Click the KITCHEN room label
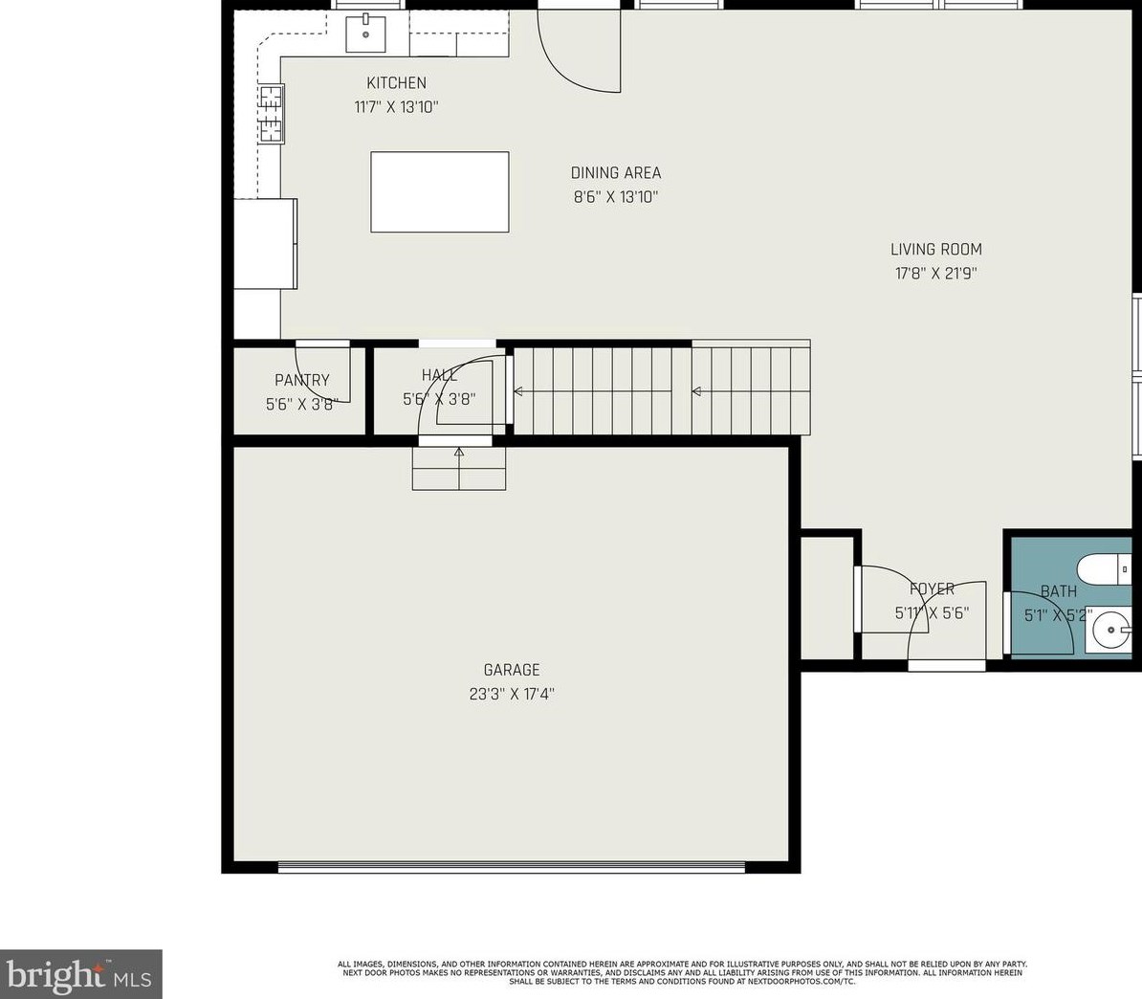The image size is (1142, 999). click(x=396, y=83)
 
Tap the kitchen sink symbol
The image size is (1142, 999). click(x=365, y=33)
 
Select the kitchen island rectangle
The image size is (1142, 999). click(x=440, y=191)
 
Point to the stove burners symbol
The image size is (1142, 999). click(x=272, y=113)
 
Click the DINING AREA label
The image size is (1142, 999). click(x=616, y=172)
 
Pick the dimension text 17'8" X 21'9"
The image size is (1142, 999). click(x=936, y=274)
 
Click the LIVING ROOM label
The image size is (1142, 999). click(x=936, y=249)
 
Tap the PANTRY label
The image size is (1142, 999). click(x=302, y=380)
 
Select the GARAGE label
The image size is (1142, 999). click(x=512, y=670)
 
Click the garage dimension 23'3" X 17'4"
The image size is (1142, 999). click(x=512, y=694)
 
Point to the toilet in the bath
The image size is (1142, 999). click(x=1104, y=569)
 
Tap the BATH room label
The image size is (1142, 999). click(x=1058, y=591)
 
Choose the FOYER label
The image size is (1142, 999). click(x=932, y=588)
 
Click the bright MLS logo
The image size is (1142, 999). click(x=81, y=974)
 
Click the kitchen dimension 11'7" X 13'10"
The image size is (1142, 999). click(x=396, y=107)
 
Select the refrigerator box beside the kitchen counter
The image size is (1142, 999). click(x=265, y=243)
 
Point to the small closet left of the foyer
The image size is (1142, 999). click(x=827, y=597)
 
